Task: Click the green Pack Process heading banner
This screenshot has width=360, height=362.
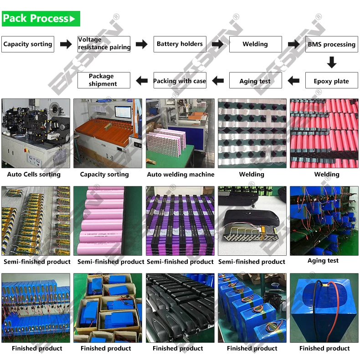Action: [41, 19]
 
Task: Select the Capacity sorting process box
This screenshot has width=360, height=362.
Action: [28, 44]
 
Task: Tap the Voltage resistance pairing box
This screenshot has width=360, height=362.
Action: [104, 44]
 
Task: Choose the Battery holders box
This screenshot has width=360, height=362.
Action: [180, 44]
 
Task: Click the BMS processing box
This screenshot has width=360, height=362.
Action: [331, 44]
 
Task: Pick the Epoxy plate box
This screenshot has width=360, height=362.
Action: [331, 81]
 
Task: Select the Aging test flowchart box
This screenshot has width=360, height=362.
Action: [255, 81]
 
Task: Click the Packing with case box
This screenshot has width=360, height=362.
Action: [180, 81]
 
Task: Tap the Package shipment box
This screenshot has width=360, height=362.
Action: [103, 80]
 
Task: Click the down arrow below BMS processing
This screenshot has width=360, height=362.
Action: [332, 62]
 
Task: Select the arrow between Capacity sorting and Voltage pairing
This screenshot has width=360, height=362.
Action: [66, 44]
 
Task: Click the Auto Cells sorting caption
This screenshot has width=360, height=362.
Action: [34, 174]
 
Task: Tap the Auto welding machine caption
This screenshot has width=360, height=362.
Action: [180, 174]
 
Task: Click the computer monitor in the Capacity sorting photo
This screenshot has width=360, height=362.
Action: [123, 113]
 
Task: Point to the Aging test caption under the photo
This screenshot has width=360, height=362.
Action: [323, 260]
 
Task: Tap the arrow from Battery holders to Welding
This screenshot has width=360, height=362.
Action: [218, 44]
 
